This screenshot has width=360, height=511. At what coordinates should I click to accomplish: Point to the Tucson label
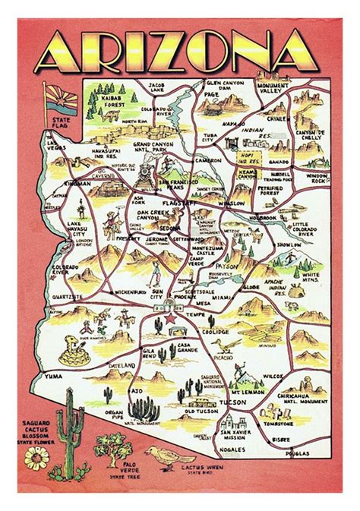coord(236,401)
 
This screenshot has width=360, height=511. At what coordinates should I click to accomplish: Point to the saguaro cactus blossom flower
coord(36,457)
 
